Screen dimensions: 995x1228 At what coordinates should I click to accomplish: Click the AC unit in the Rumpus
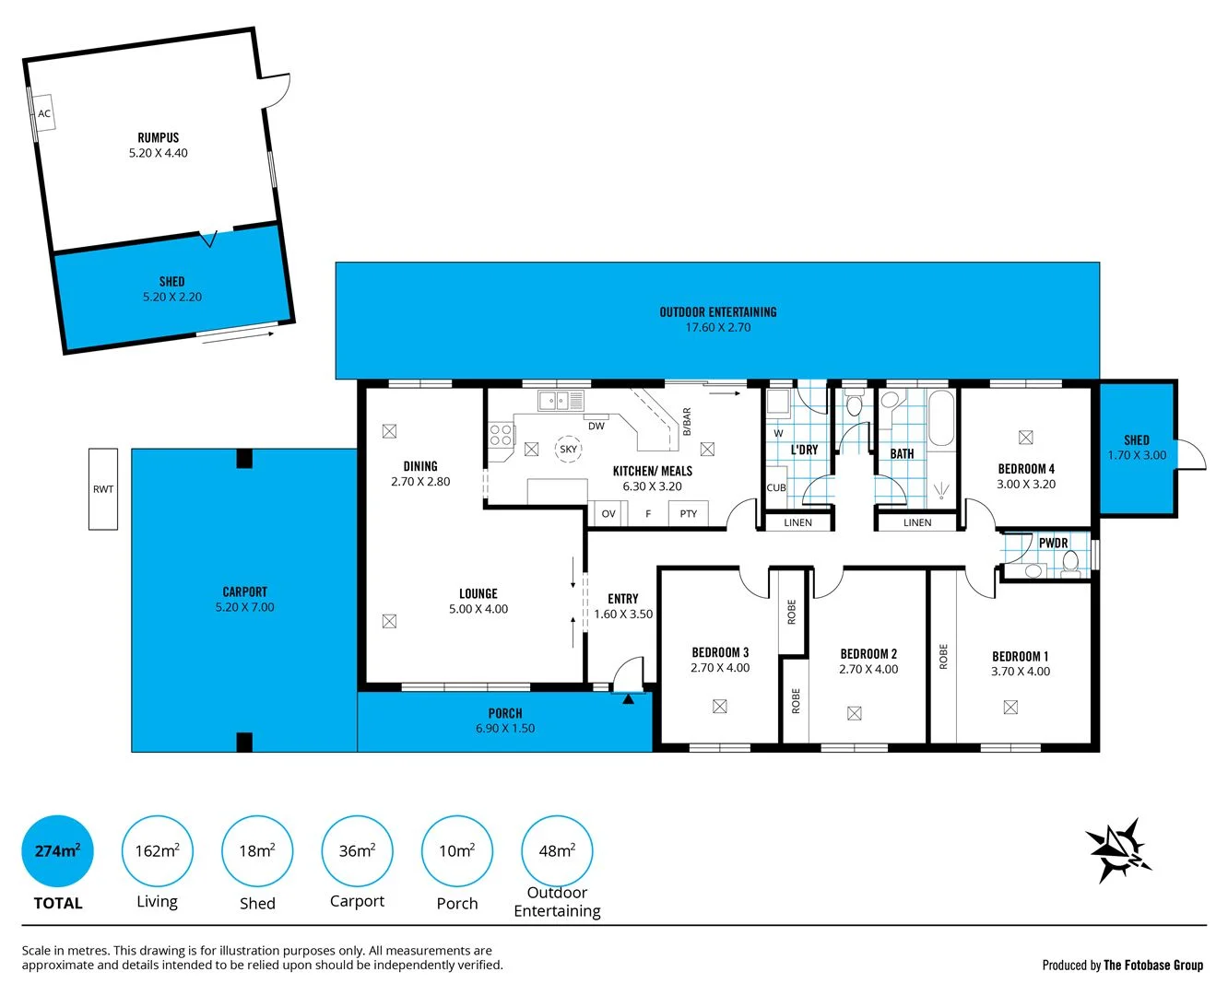(x=43, y=113)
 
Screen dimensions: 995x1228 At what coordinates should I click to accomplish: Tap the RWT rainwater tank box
(x=103, y=489)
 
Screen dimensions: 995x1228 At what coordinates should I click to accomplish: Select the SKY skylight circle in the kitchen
(x=568, y=450)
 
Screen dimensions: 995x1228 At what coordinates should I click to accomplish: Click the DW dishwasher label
(x=596, y=426)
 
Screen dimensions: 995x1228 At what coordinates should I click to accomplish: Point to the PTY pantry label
(x=689, y=514)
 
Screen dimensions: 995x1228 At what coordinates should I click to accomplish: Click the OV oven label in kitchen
(x=608, y=514)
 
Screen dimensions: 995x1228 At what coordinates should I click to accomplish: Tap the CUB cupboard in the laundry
(x=776, y=488)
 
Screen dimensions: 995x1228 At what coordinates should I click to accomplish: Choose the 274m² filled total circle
(x=57, y=851)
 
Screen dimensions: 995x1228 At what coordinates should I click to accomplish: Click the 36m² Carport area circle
(x=357, y=851)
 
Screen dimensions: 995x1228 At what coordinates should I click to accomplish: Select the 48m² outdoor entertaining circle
(x=557, y=851)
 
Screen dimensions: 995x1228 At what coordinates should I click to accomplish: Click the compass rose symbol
(x=1118, y=849)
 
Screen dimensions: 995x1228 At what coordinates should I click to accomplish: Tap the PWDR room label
(x=1053, y=543)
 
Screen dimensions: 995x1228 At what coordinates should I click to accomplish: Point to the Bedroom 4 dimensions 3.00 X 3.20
(x=1026, y=485)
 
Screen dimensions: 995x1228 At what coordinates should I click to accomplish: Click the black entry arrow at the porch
(x=629, y=699)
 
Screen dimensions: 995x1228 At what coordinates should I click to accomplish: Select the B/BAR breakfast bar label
(x=687, y=422)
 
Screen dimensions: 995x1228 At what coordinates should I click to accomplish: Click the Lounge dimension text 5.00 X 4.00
(x=478, y=609)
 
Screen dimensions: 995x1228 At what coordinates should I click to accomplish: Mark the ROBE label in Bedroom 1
(x=943, y=656)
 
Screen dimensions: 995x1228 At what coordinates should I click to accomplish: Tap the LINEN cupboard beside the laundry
(x=798, y=523)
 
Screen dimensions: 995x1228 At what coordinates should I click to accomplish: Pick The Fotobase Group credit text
(x=1153, y=966)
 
